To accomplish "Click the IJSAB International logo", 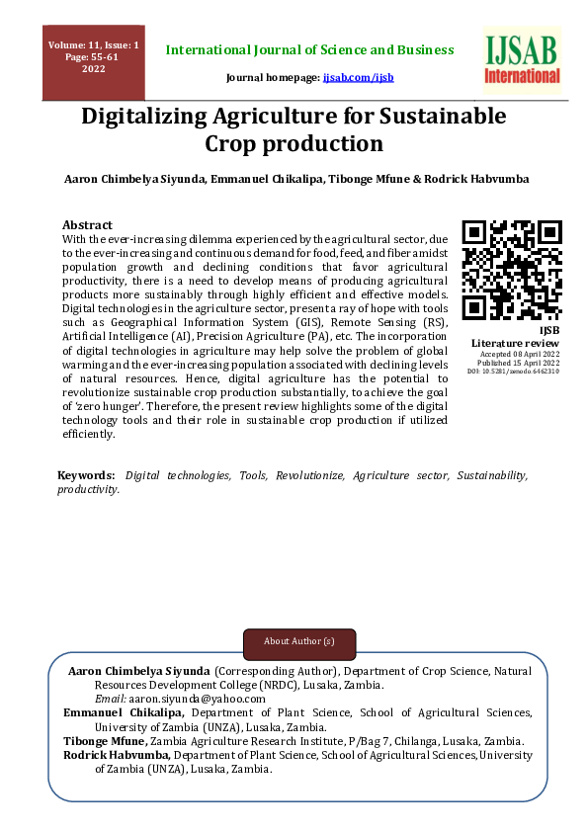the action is coord(522,59).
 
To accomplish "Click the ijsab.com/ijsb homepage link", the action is coord(359,76).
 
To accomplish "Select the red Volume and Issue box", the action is coord(93,62).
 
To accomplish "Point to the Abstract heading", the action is coord(87,224).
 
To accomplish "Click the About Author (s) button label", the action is coord(299,641).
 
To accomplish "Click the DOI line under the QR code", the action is coord(513,372).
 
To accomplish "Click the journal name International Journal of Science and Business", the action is coord(309,49).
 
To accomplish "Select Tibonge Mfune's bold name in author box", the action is coord(105,741).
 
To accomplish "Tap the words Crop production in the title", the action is coord(294,144).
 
